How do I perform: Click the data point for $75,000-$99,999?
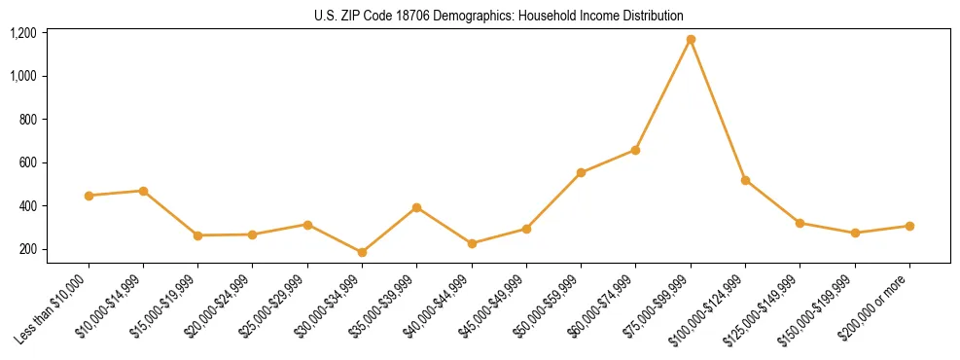click(691, 40)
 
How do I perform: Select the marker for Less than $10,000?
click(89, 196)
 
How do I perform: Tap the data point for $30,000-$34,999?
click(362, 253)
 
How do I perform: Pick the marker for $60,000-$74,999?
click(635, 150)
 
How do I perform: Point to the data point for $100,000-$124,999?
click(745, 180)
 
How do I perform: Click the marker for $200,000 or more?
click(909, 226)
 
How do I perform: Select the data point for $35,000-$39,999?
click(416, 207)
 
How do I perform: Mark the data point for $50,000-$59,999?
click(581, 173)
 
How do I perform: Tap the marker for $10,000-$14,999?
click(143, 191)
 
